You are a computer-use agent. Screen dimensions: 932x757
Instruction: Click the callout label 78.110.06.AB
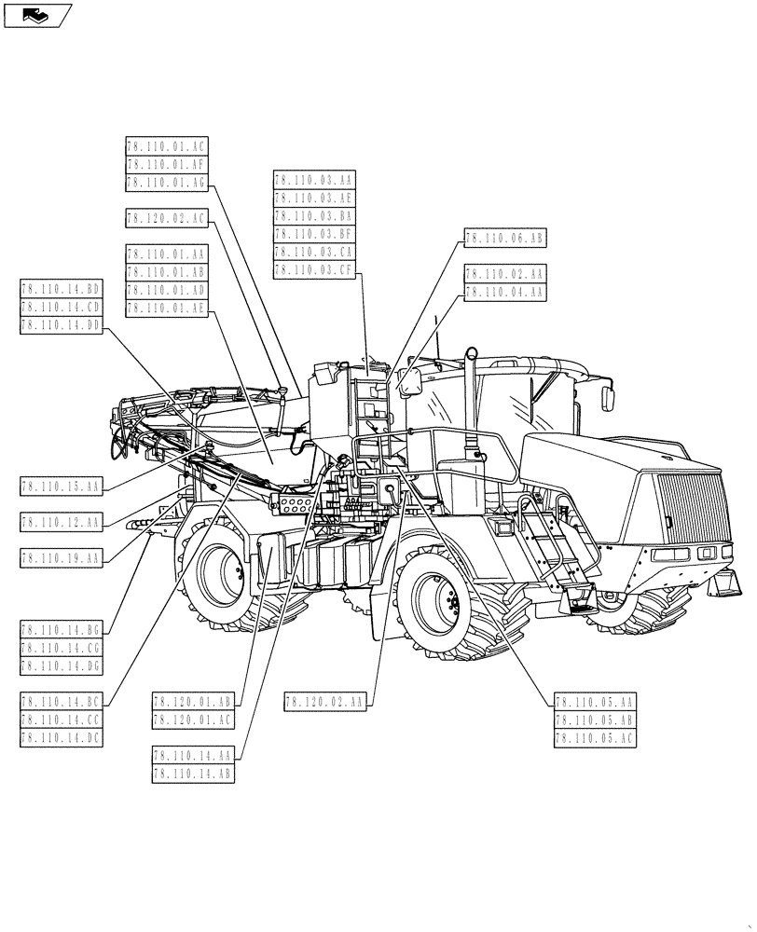pos(503,239)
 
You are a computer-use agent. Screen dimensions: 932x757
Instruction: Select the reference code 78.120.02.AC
pos(166,218)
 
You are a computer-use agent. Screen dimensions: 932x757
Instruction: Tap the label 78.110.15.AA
pos(61,486)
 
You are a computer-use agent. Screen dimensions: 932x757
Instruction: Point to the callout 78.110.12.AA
pos(61,522)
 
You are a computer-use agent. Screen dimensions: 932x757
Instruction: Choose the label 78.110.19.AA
pos(61,558)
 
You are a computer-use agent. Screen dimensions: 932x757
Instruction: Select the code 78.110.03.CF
pos(314,270)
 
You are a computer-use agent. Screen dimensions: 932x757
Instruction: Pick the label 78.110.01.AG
pos(166,183)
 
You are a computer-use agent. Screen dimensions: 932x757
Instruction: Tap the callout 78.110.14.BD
pos(61,289)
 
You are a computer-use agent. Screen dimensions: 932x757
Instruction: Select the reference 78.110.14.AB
pos(192,774)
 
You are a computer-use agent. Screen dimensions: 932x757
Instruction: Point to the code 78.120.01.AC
pos(192,720)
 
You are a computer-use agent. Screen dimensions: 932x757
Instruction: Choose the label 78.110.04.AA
pos(503,292)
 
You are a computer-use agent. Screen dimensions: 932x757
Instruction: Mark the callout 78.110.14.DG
pos(61,665)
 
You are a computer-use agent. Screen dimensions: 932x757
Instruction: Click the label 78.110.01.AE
pos(166,308)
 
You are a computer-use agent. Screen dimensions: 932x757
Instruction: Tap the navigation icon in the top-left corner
pos(37,15)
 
